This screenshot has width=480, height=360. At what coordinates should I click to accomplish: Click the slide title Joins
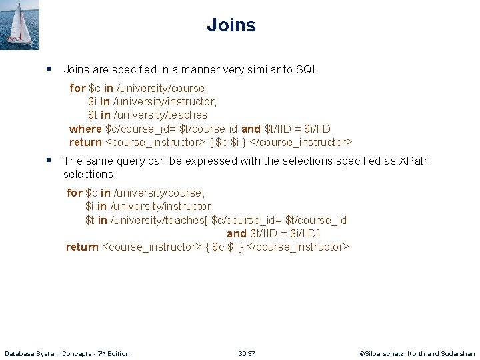click(231, 25)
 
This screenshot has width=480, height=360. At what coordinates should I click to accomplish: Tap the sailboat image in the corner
click(19, 25)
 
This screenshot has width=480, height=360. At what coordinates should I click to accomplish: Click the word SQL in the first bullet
click(306, 69)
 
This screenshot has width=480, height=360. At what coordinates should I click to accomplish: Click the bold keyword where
click(85, 129)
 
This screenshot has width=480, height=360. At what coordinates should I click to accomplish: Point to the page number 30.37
click(247, 353)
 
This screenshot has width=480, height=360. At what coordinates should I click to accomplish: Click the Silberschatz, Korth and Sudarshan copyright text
click(417, 353)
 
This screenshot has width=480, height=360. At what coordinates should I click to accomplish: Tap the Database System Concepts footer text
click(67, 353)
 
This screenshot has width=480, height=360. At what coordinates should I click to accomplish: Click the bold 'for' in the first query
click(77, 88)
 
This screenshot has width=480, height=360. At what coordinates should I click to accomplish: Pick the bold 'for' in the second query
click(75, 193)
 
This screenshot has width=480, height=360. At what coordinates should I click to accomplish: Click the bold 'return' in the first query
click(85, 142)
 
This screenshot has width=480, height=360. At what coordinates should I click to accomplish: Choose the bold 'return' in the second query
click(82, 247)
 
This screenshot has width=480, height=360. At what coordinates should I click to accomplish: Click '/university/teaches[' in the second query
click(159, 220)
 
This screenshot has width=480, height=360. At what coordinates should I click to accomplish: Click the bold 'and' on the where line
click(251, 129)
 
